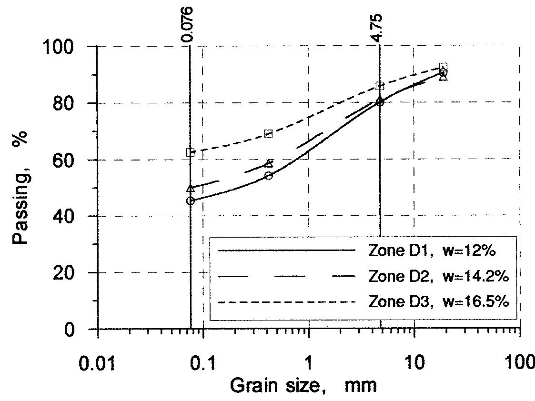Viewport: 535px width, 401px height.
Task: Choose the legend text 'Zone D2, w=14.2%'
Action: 439,276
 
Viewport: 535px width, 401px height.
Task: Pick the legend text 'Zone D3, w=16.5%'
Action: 439,302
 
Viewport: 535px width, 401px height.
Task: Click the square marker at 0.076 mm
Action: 191,152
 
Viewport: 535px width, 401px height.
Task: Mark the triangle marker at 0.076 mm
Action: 191,189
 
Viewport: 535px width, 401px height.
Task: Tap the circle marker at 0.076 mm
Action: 191,201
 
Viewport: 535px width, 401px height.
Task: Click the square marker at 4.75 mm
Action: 380,86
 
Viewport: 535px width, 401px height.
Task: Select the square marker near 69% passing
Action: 268,134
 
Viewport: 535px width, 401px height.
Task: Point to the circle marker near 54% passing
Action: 268,176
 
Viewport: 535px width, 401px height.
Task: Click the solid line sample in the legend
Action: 286,251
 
